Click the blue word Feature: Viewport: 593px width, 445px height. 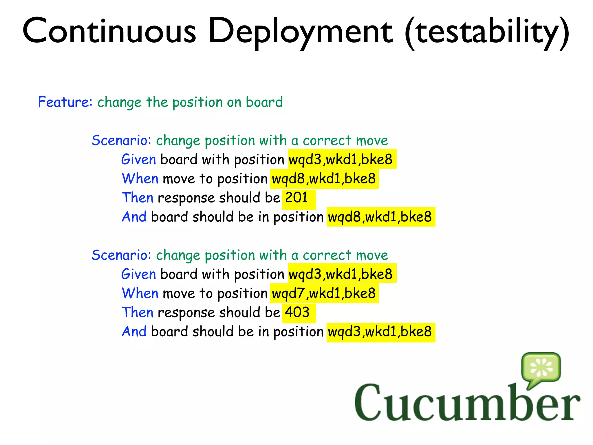(x=65, y=102)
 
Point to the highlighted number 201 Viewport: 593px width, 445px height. (x=296, y=198)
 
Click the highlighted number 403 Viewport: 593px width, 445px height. (x=297, y=313)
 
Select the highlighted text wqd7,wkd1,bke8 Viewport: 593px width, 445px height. (x=324, y=293)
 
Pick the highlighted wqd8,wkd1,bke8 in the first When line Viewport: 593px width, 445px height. (x=324, y=178)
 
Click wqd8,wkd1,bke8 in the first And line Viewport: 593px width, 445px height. (x=380, y=217)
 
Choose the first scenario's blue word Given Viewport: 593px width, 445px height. (x=139, y=159)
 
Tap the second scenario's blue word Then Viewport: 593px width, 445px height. (x=138, y=313)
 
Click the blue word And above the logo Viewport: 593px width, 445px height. (x=134, y=332)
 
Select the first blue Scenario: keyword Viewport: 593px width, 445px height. (x=121, y=141)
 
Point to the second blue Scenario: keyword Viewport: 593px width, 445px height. (x=121, y=255)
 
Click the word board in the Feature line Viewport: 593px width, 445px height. (x=264, y=102)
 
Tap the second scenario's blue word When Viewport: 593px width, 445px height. (x=140, y=293)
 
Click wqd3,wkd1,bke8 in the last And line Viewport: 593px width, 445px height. (x=380, y=332)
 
